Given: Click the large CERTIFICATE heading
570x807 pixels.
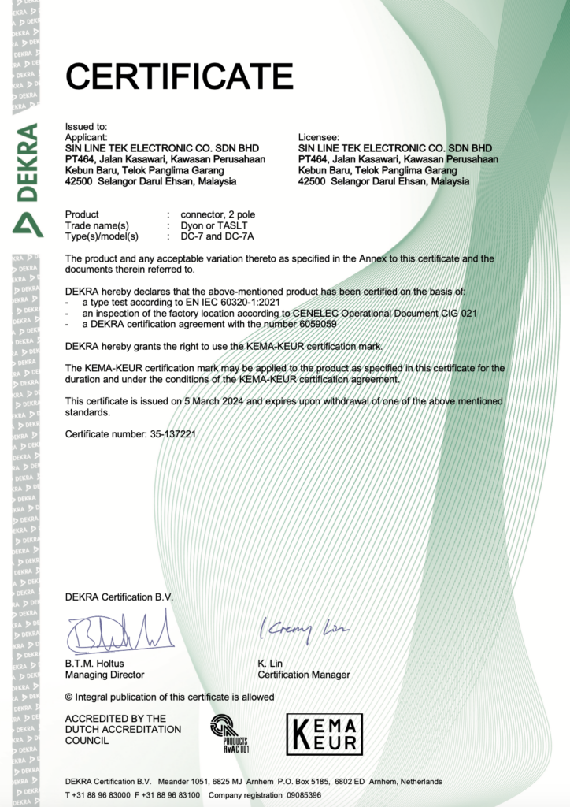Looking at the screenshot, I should click(x=179, y=76).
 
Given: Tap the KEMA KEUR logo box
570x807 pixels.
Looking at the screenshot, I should click(x=324, y=733).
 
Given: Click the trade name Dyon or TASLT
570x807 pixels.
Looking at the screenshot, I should click(x=215, y=225).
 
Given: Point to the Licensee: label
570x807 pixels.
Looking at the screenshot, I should click(x=319, y=137).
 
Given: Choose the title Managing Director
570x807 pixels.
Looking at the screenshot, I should click(x=105, y=675).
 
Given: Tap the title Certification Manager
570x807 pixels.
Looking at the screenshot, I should click(x=304, y=675).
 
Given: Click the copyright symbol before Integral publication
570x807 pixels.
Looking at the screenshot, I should click(x=69, y=697).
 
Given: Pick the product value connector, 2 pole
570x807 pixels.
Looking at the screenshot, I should click(x=217, y=214).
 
